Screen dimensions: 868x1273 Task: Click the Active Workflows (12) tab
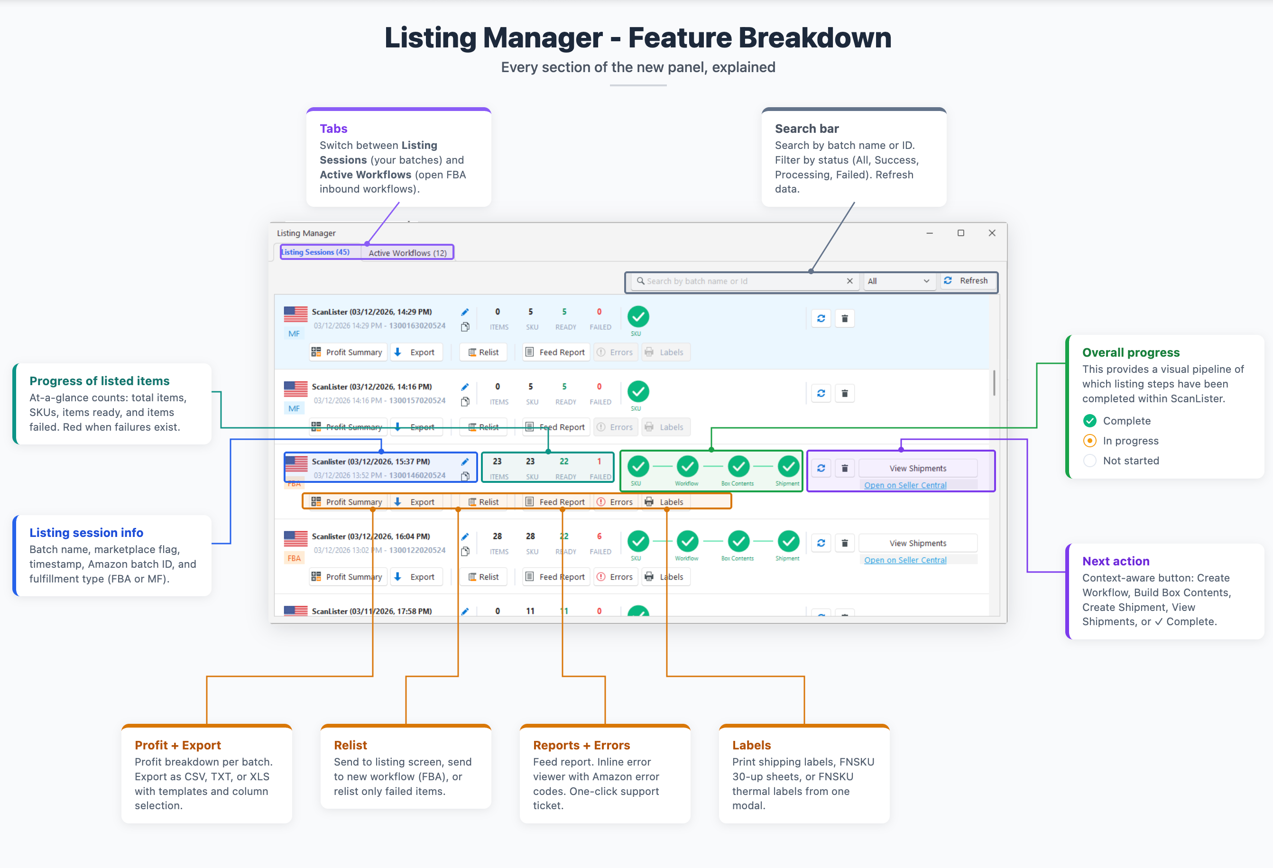point(407,253)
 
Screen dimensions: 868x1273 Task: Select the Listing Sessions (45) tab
point(316,252)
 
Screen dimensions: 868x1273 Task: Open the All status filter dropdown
point(898,281)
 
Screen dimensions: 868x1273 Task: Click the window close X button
point(991,233)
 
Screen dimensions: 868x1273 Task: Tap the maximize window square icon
point(960,233)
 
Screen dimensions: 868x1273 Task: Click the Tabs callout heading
point(333,129)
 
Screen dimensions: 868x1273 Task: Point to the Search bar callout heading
point(806,129)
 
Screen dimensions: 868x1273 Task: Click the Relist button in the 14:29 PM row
point(483,352)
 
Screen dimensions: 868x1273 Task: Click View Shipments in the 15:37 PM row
point(917,468)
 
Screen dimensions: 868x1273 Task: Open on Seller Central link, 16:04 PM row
point(905,560)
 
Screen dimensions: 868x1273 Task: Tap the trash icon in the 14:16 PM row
point(844,393)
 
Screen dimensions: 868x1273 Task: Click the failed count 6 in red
point(599,536)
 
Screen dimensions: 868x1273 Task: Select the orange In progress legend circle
point(1089,441)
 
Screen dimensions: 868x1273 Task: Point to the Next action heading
point(1115,561)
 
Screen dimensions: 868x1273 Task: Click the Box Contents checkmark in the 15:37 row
point(738,467)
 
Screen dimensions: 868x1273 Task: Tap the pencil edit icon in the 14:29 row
point(464,312)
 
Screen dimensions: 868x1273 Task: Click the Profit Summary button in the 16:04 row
point(347,577)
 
